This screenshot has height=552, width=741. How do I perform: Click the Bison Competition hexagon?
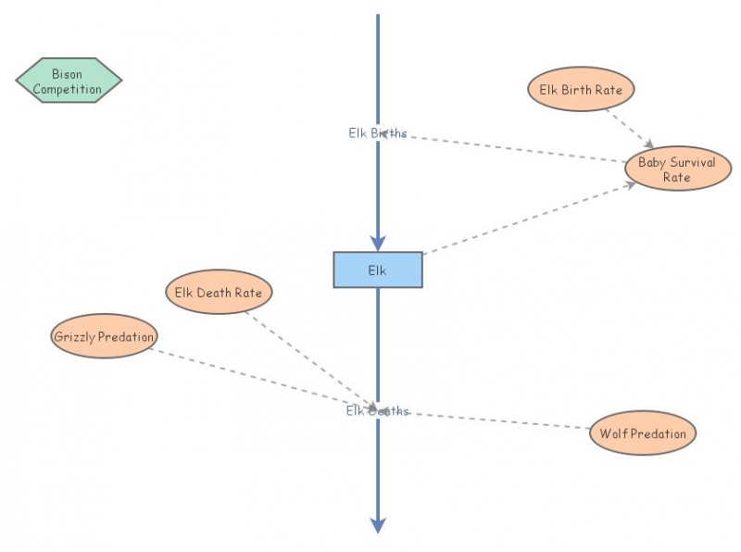coord(69,82)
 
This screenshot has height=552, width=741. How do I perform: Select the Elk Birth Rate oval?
coord(581,90)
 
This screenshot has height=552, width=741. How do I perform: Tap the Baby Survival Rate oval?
coord(676,169)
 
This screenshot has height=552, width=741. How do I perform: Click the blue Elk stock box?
coord(378,270)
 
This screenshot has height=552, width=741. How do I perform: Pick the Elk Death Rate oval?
coord(219,293)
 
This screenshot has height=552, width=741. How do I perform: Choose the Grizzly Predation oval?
coord(104,336)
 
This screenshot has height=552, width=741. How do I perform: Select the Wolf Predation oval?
coord(642,433)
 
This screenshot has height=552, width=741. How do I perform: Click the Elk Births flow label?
coord(377,132)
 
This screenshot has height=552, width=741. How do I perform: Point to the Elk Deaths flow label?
coord(377,411)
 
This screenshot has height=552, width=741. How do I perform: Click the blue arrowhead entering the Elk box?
coord(378,243)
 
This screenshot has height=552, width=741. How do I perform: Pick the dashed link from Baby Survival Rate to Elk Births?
coord(509,148)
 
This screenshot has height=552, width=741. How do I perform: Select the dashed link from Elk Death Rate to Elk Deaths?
coord(306,357)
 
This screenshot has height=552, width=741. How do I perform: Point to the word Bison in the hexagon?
coord(67,74)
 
